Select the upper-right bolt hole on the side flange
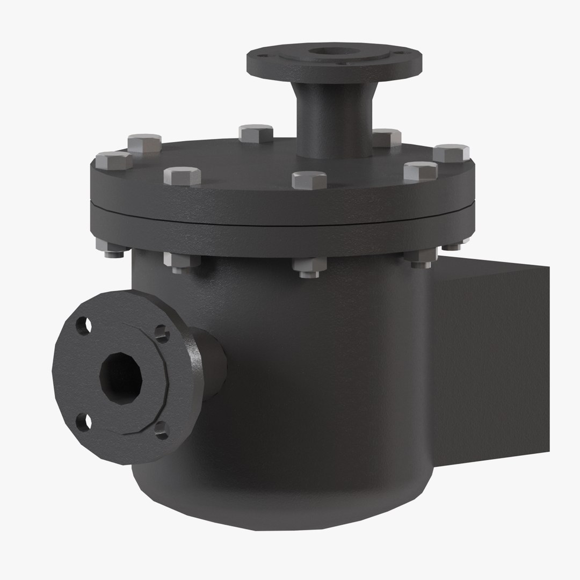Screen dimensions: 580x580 pyautogui.click(x=161, y=334)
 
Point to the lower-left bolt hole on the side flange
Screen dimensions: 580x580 pyautogui.click(x=83, y=422)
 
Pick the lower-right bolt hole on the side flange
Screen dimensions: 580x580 pyautogui.click(x=161, y=430)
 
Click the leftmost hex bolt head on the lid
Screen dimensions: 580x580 pyautogui.click(x=113, y=160)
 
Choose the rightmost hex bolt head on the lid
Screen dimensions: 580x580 pyautogui.click(x=451, y=153)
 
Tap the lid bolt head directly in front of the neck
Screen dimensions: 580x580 pyautogui.click(x=309, y=179)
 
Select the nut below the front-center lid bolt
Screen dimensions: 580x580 pyautogui.click(x=309, y=267)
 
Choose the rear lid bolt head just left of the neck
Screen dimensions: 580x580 pyautogui.click(x=256, y=133)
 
